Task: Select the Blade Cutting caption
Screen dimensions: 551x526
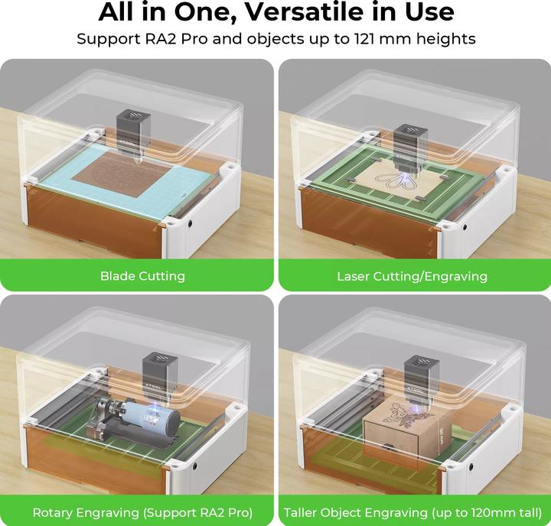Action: coord(142,276)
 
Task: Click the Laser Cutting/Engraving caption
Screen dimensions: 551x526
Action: coord(412,276)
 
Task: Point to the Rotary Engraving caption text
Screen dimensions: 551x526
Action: coord(142,513)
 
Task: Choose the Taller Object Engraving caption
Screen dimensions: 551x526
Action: coord(412,513)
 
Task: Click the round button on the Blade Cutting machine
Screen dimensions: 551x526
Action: coord(191,223)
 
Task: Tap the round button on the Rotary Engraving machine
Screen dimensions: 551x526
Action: coord(194,466)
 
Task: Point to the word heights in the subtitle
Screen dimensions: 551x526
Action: coord(446,39)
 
